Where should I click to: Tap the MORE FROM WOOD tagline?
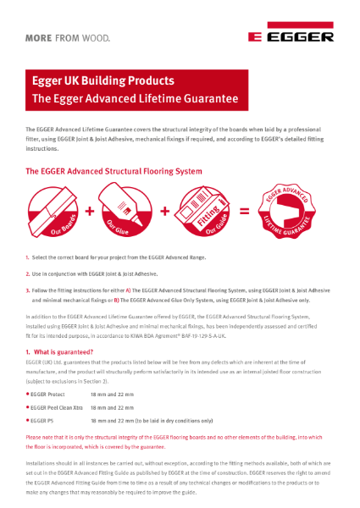coord(68,38)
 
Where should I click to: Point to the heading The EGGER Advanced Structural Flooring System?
coord(114,171)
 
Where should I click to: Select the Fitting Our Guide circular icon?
coord(208,211)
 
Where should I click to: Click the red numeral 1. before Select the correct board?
coord(27,257)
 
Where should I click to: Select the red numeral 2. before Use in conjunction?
coord(27,273)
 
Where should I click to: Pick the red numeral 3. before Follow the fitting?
coord(27,290)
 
